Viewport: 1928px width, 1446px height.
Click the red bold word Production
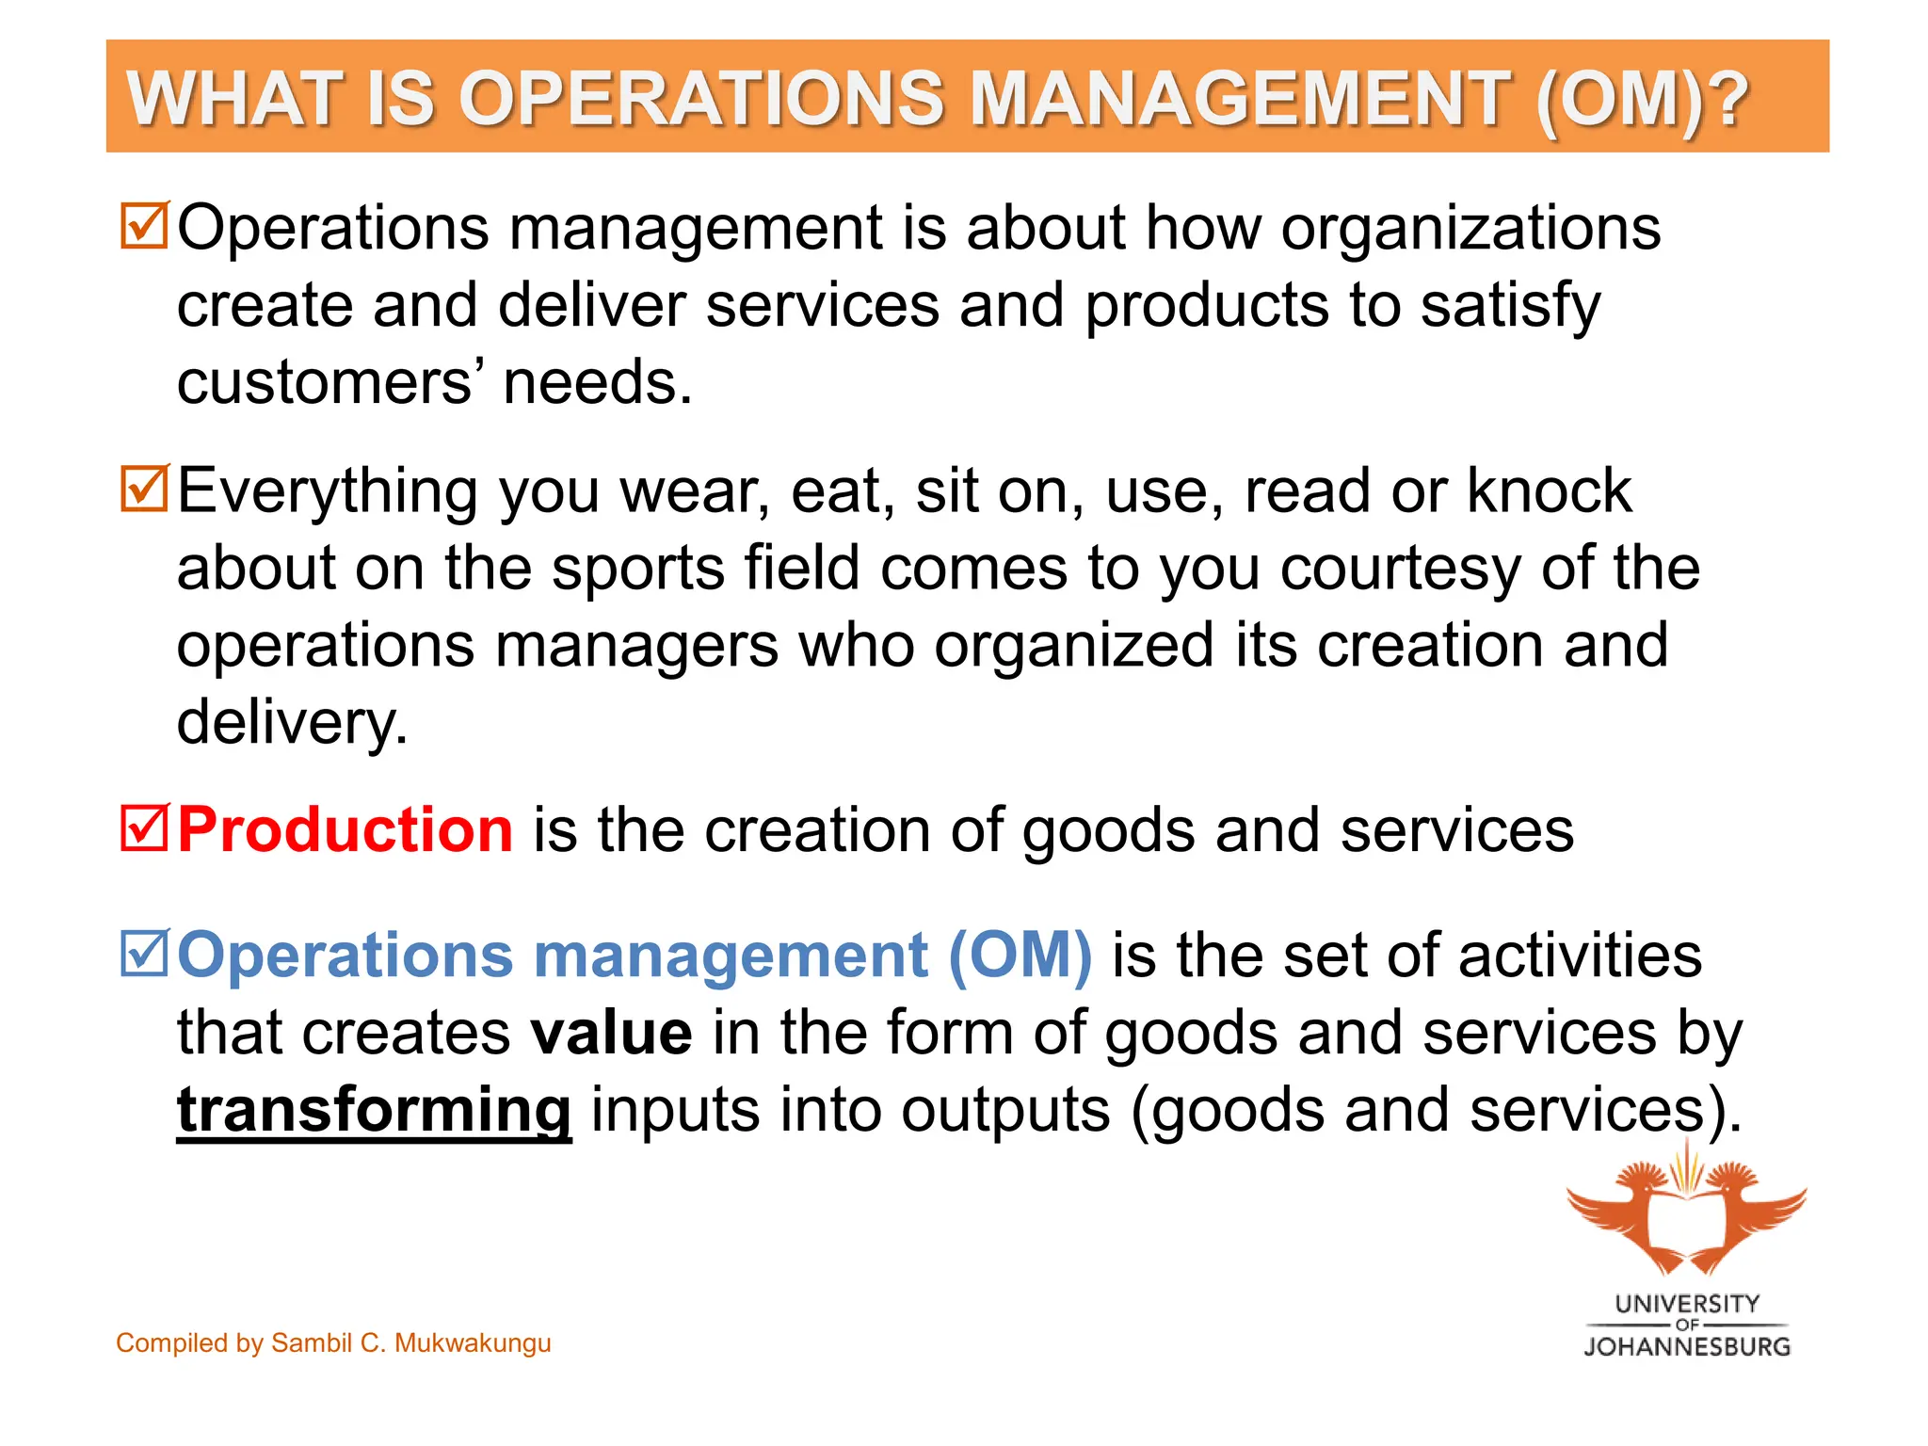pos(345,830)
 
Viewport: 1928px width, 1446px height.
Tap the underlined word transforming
pos(374,1110)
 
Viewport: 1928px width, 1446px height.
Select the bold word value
pos(612,1033)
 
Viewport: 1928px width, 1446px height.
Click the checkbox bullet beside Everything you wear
pos(144,489)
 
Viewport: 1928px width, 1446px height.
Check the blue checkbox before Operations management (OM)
pos(144,953)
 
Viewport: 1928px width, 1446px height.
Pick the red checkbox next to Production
pos(144,828)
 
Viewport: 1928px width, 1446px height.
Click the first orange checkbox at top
pos(144,226)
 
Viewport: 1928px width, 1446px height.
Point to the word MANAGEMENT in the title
pos(1238,99)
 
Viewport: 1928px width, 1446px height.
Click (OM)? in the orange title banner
pos(1642,99)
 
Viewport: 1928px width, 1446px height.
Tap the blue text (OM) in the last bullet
pos(1020,955)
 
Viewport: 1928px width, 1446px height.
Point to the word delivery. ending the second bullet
pos(292,723)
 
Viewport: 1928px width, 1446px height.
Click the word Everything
pos(328,491)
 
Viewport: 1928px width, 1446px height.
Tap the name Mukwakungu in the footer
pos(473,1342)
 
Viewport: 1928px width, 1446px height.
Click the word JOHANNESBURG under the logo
pos(1687,1347)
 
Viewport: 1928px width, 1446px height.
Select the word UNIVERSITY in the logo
pos(1687,1304)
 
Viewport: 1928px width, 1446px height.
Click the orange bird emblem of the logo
pos(1687,1214)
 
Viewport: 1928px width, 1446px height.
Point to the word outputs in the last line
pos(1005,1110)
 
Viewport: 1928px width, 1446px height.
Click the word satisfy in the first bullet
pos(1510,307)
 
